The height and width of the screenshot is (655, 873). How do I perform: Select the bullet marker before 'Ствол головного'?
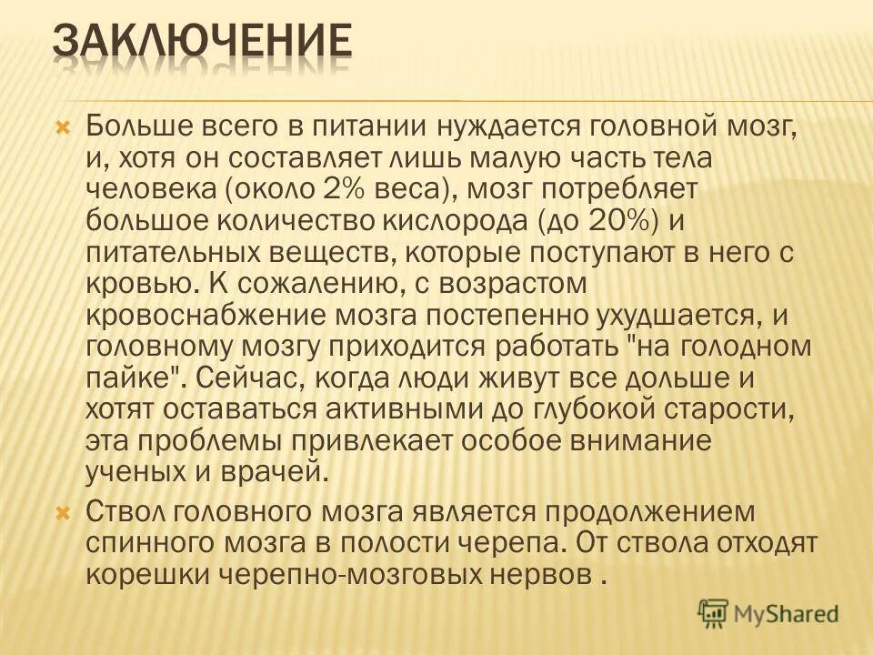coord(63,513)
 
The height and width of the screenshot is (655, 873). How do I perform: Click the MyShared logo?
coord(768,614)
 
